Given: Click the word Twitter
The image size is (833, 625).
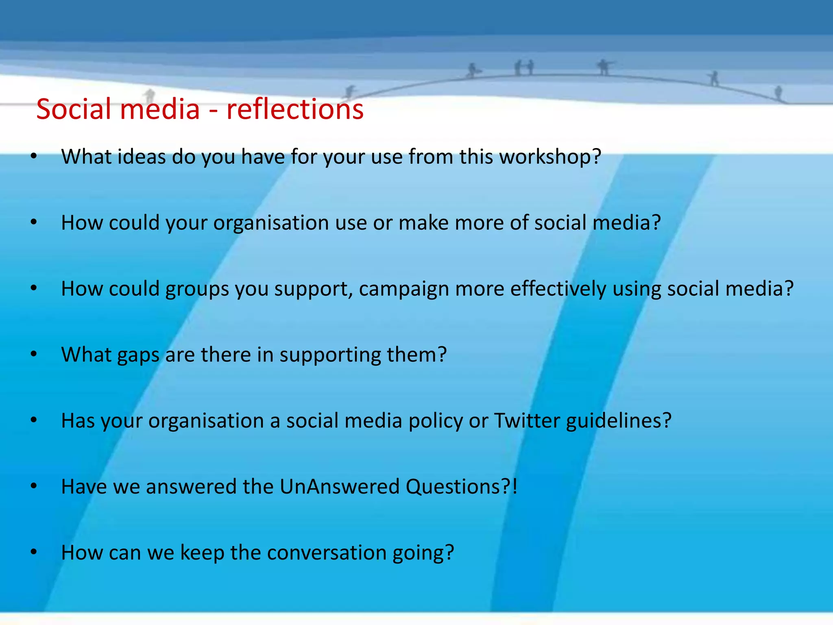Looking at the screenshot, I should (x=527, y=421).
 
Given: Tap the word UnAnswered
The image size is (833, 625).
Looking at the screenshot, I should (x=340, y=487).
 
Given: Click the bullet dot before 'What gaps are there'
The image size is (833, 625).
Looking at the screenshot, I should (x=34, y=354).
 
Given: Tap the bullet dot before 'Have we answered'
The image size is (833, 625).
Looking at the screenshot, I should (x=34, y=486).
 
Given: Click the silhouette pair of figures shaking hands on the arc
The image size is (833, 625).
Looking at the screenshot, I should (x=524, y=68).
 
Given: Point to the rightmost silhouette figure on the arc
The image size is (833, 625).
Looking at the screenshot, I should (x=778, y=92).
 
